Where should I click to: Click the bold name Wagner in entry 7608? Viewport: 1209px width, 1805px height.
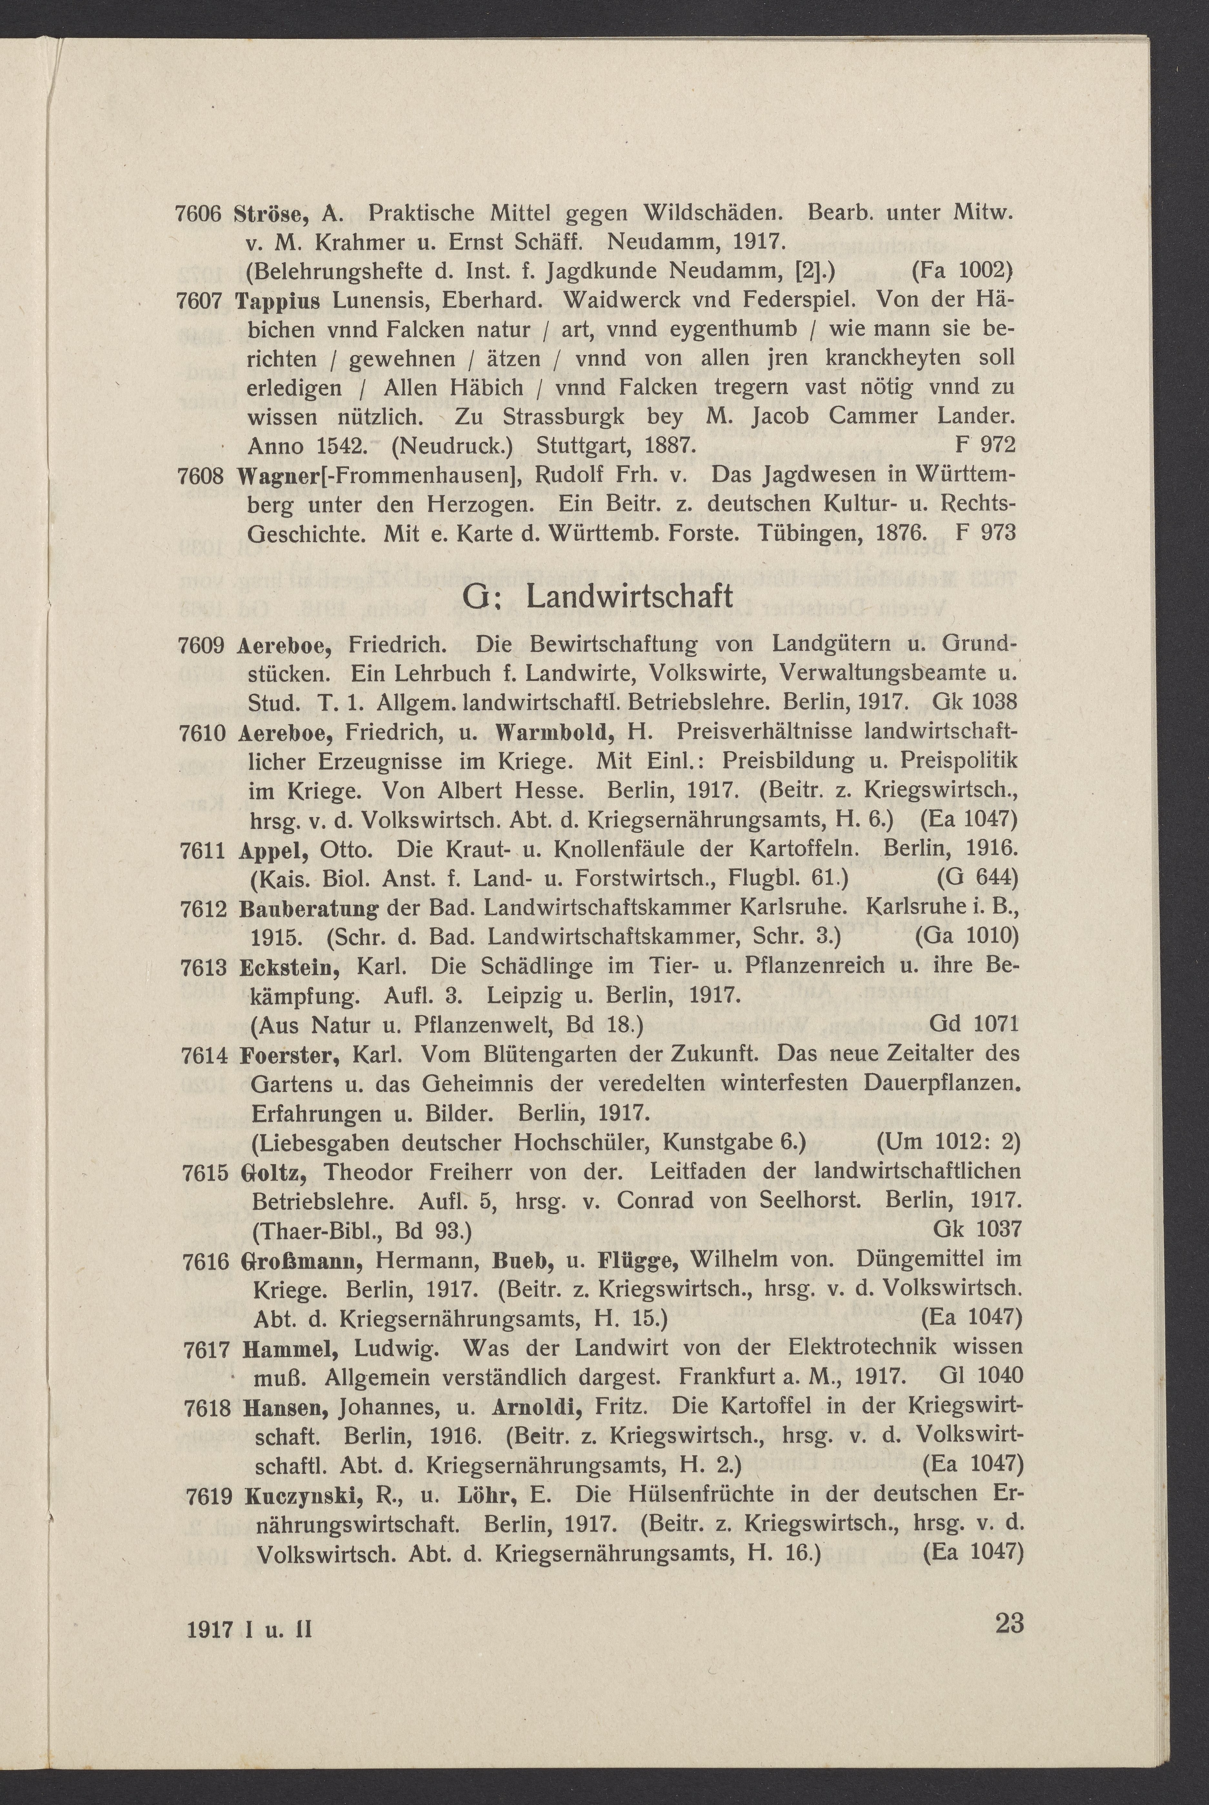pyautogui.click(x=268, y=476)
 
